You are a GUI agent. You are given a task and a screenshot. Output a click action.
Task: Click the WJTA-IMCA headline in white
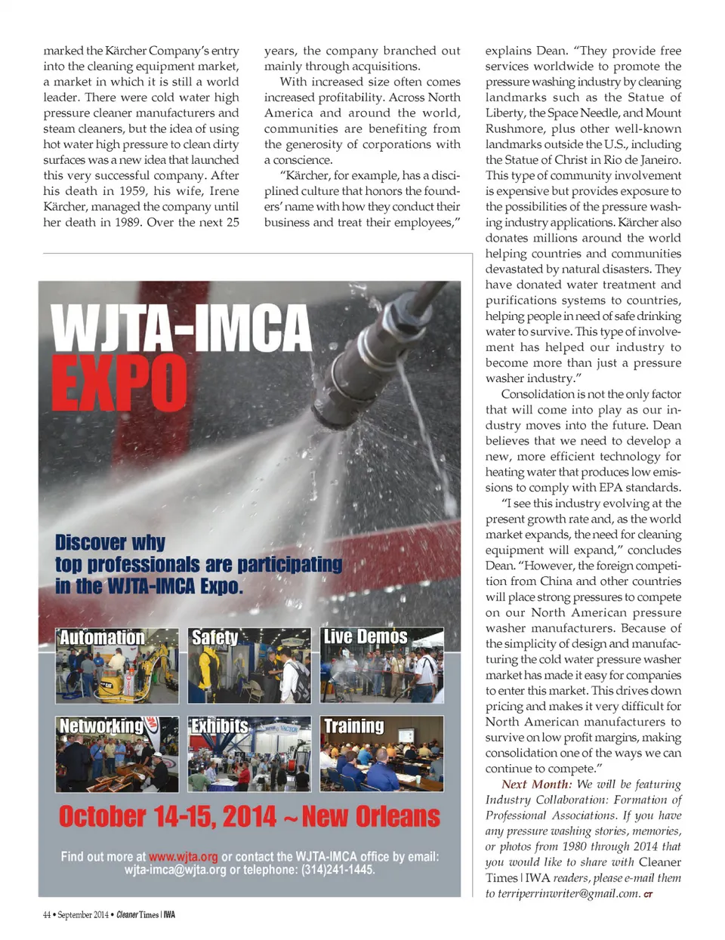pyautogui.click(x=180, y=328)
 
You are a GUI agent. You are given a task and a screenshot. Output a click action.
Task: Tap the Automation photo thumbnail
pyautogui.click(x=117, y=665)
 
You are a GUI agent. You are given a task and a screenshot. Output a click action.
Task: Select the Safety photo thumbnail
pyautogui.click(x=249, y=665)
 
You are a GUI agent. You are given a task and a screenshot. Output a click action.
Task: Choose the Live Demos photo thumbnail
pyautogui.click(x=382, y=665)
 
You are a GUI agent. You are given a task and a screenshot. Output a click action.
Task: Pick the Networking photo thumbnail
pyautogui.click(x=117, y=754)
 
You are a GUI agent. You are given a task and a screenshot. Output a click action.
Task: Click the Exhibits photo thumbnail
pyautogui.click(x=249, y=754)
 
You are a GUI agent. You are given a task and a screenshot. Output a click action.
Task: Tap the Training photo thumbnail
pyautogui.click(x=382, y=754)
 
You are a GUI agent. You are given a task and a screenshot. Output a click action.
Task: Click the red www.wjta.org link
pyautogui.click(x=184, y=857)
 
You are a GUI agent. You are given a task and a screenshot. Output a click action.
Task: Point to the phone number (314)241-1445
pyautogui.click(x=338, y=870)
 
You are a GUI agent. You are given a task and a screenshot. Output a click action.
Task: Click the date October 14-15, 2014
pyautogui.click(x=167, y=817)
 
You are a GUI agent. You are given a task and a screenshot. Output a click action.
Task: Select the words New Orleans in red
pyautogui.click(x=371, y=817)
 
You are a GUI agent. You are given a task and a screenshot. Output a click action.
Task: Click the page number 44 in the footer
pyautogui.click(x=47, y=915)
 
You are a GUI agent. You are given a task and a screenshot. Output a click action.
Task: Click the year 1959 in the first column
pyautogui.click(x=129, y=191)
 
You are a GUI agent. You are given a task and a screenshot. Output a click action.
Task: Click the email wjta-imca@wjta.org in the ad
pyautogui.click(x=175, y=870)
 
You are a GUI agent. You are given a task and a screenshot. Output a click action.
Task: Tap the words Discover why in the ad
pyautogui.click(x=110, y=543)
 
